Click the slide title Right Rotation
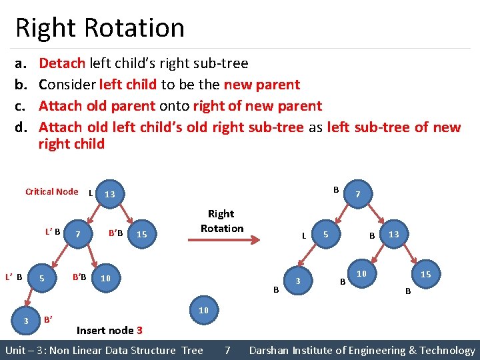coord(99,28)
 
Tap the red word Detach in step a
coord(61,63)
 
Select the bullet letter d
coord(20,127)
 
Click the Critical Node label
coord(51,192)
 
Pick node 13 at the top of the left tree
coord(109,194)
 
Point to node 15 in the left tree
coord(141,234)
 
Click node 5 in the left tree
coord(41,278)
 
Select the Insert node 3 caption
coord(109,330)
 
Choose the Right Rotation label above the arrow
coord(221,221)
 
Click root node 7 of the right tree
coord(359,195)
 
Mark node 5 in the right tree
coord(325,235)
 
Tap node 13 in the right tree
coord(393,235)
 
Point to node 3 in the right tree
coord(297,281)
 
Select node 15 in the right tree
coord(425,274)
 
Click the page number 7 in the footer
coord(227,350)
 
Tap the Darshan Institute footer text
coord(362,350)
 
